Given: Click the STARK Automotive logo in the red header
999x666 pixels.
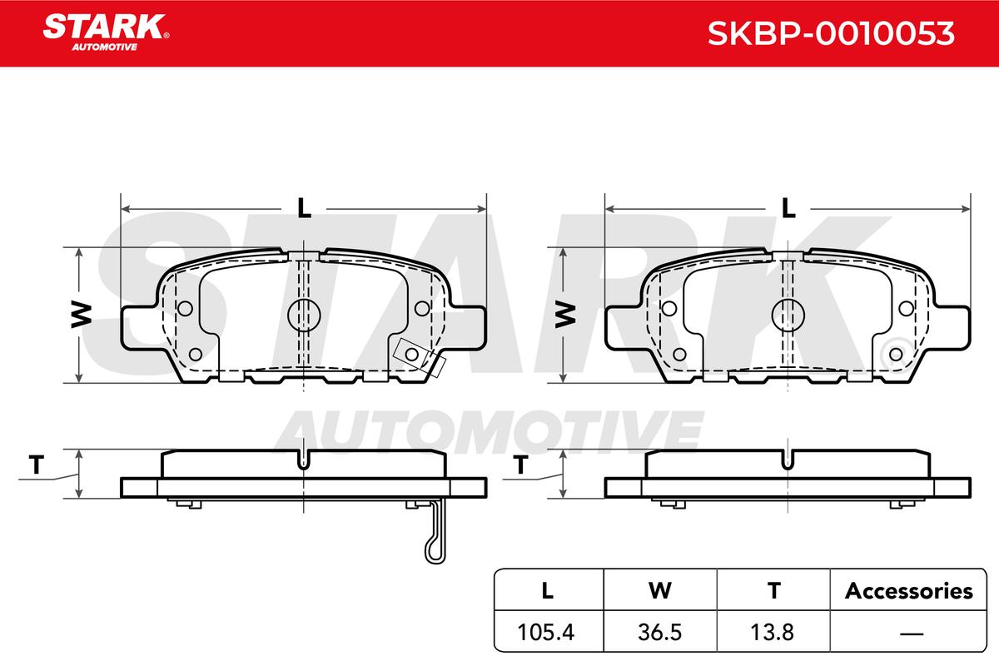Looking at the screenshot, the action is pyautogui.click(x=106, y=32).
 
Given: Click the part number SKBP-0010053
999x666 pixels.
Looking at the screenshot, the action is pyautogui.click(x=831, y=33).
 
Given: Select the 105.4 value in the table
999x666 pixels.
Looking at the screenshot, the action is pyautogui.click(x=546, y=632).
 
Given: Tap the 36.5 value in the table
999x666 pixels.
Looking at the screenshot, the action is pyautogui.click(x=659, y=632).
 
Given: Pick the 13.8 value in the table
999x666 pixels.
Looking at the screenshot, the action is pyautogui.click(x=773, y=632).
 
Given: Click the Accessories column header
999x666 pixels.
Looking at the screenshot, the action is pyautogui.click(x=909, y=590).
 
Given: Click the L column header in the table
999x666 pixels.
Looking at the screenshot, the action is pyautogui.click(x=547, y=590).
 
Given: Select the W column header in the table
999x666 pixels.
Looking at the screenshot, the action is pyautogui.click(x=660, y=590).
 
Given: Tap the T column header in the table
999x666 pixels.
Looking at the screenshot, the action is pyautogui.click(x=774, y=590).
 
